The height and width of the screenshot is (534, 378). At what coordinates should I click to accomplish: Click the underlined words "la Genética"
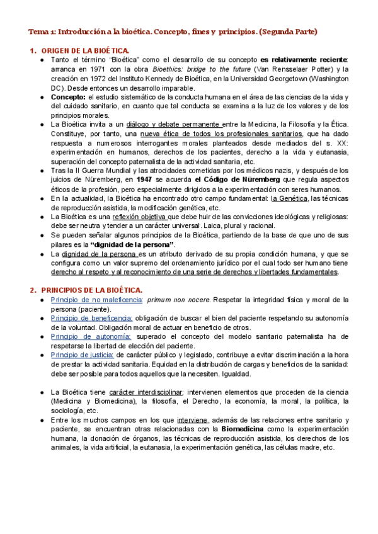pyautogui.click(x=290, y=198)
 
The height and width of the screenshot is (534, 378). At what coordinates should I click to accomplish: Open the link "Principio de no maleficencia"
pyautogui.click(x=97, y=300)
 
